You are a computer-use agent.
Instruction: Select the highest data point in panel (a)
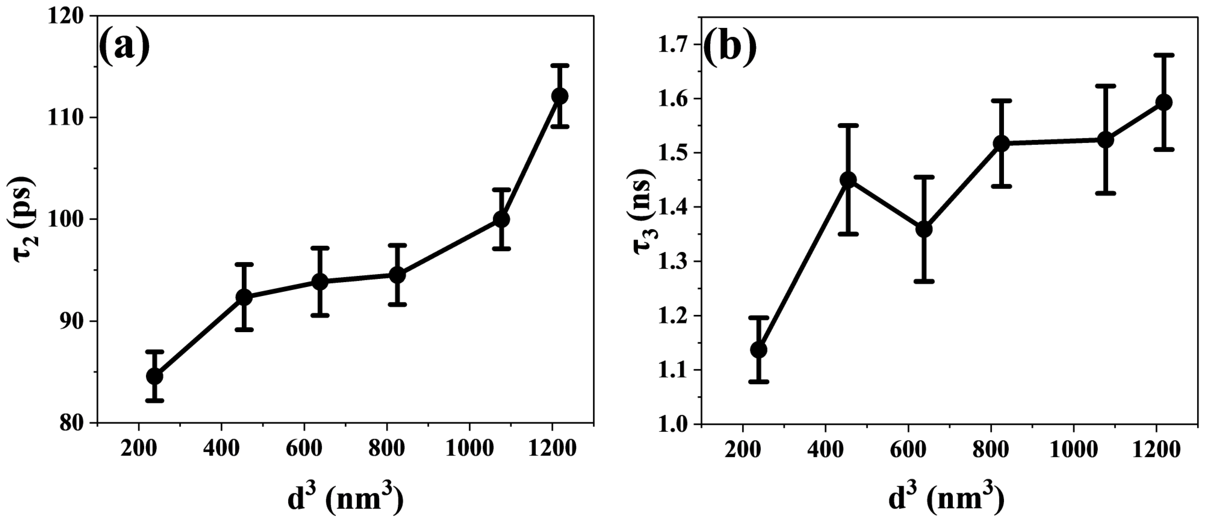point(559,96)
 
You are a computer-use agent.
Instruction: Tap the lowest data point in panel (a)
point(155,376)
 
